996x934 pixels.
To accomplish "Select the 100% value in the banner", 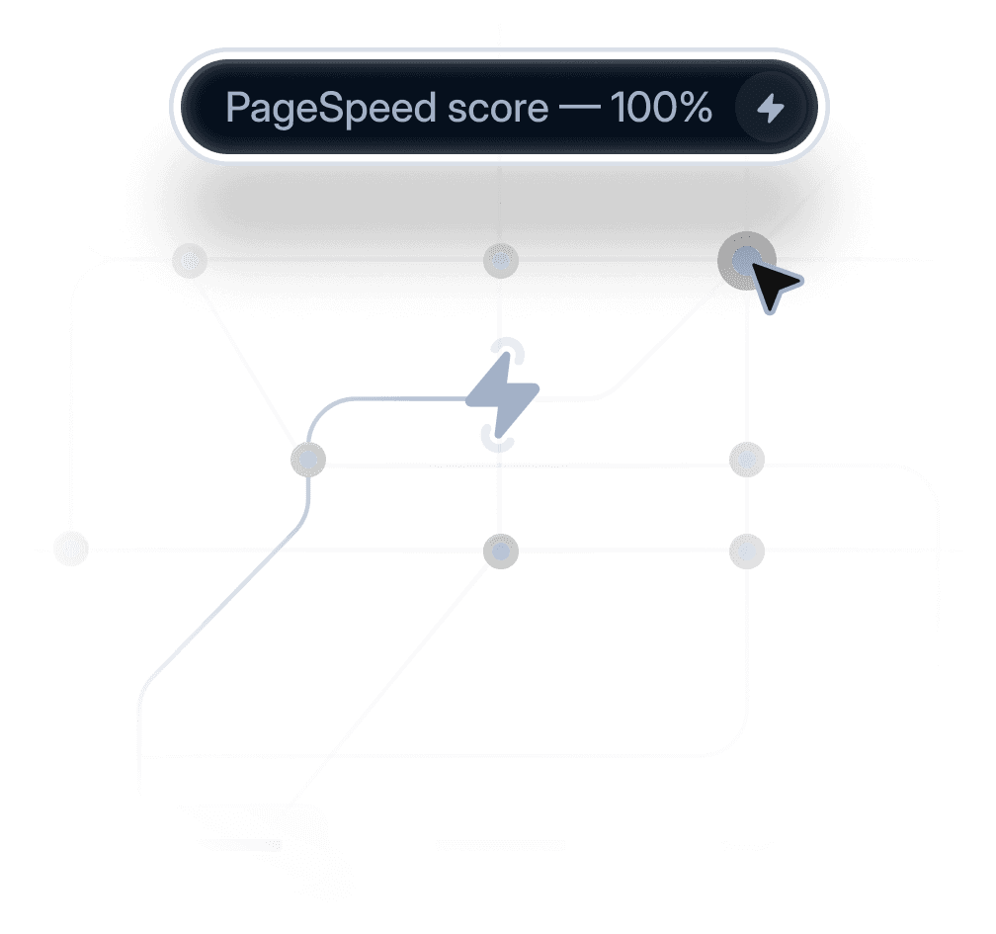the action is pos(661,108).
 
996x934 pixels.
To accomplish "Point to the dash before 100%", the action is pos(579,108).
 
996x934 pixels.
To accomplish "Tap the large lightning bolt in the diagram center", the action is pos(502,395).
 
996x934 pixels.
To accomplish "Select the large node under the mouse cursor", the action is pos(746,259).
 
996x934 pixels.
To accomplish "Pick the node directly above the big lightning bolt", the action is pos(501,261).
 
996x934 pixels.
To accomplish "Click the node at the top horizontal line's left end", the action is pos(188,261).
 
